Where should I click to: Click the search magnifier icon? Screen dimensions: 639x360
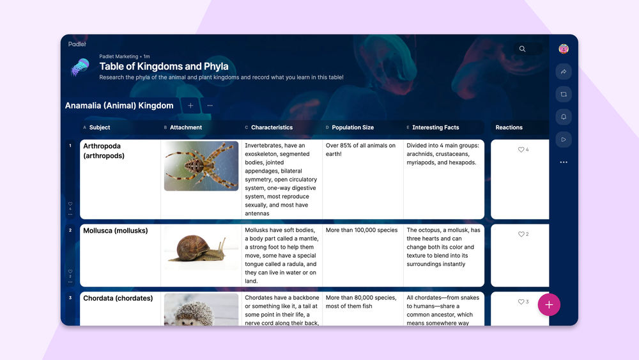click(x=522, y=49)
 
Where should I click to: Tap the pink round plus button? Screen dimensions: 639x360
click(x=549, y=304)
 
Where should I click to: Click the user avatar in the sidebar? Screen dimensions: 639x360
click(x=564, y=49)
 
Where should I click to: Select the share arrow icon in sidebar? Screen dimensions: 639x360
click(x=564, y=72)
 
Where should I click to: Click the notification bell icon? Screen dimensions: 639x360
click(x=564, y=117)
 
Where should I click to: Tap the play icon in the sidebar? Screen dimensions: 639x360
click(x=564, y=139)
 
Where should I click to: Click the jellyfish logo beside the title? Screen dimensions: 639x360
click(x=81, y=67)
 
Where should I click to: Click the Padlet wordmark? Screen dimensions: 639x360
click(x=77, y=44)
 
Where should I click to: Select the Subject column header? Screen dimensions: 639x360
click(x=100, y=127)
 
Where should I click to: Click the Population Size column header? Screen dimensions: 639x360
click(x=353, y=127)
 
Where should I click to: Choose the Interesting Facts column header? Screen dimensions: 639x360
click(x=436, y=127)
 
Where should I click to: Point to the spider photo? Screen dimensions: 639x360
click(x=201, y=166)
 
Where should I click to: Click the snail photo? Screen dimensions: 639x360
click(x=201, y=248)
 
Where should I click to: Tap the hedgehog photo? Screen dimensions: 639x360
click(x=201, y=309)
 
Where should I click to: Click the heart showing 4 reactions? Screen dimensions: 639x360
click(x=521, y=150)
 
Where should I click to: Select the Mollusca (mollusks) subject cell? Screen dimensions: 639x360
click(x=115, y=231)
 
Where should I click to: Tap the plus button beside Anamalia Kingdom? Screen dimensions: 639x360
click(x=190, y=106)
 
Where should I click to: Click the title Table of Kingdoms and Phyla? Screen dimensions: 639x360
click(x=164, y=67)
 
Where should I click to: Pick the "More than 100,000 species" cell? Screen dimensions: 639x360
click(x=362, y=230)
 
